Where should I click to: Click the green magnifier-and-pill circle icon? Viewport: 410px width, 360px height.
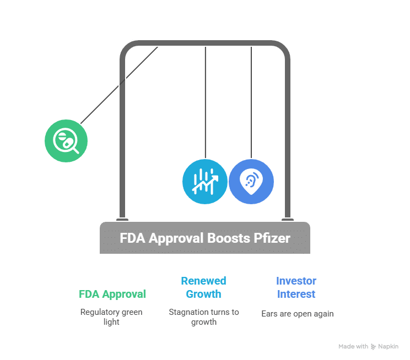66,140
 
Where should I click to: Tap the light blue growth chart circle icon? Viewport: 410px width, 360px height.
204,182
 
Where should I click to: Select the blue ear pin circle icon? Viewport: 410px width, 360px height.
251,182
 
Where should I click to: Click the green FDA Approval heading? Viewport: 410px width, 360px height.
112,294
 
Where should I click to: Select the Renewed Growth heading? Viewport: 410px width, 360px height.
203,287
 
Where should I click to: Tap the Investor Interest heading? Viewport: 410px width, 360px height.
296,287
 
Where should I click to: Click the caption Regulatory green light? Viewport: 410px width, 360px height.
111,317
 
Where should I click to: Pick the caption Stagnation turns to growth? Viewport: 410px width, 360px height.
204,317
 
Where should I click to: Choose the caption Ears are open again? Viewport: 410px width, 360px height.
297,314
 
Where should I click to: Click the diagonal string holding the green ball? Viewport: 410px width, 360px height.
118,85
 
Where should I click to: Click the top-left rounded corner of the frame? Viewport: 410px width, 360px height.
126,48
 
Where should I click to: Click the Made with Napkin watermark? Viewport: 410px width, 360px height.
368,347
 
